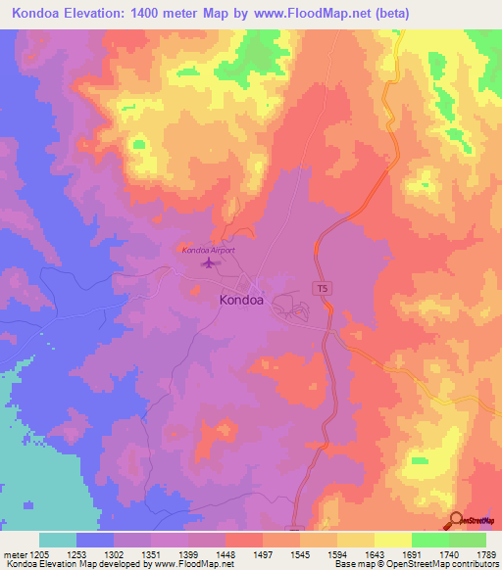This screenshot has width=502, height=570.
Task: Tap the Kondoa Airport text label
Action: (208, 250)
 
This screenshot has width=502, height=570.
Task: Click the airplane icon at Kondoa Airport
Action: (207, 262)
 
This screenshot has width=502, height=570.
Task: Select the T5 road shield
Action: (321, 288)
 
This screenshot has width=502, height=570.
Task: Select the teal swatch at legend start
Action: (58, 539)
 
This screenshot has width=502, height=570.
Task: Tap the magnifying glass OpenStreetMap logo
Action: (457, 521)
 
